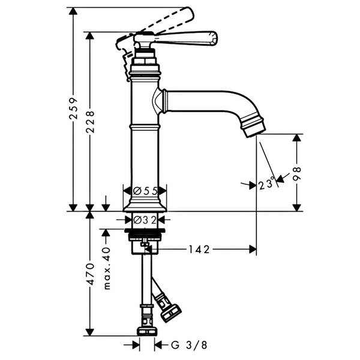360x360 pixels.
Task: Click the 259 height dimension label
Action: click(x=73, y=109)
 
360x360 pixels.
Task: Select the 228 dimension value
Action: click(x=90, y=122)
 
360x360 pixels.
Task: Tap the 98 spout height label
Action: click(x=297, y=174)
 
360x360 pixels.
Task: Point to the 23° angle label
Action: click(x=266, y=184)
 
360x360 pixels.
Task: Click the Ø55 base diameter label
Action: click(x=145, y=191)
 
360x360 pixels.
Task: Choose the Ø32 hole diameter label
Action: click(x=145, y=220)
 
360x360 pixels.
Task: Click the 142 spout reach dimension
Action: click(x=199, y=250)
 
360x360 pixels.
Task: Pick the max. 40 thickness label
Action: click(x=107, y=268)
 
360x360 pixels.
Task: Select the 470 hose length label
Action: click(x=90, y=274)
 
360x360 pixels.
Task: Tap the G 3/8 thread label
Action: click(x=189, y=344)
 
